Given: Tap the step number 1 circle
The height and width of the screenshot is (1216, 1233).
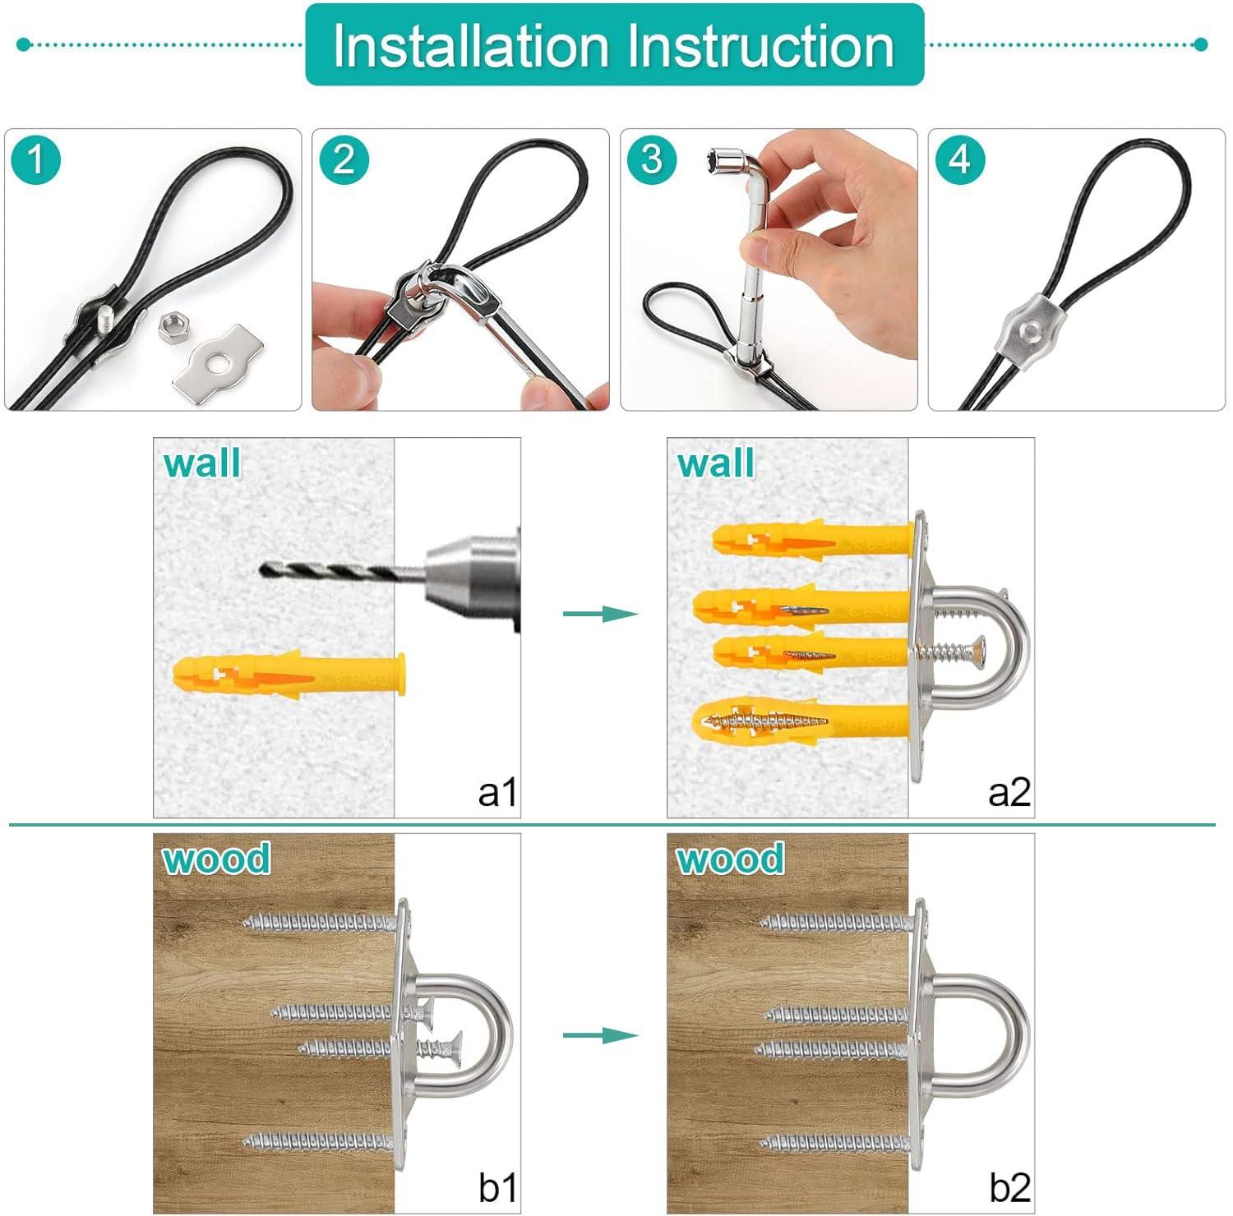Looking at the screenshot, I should pyautogui.click(x=36, y=159).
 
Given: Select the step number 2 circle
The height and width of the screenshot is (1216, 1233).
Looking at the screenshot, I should pyautogui.click(x=344, y=159).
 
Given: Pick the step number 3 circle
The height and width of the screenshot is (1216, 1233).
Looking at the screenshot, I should pyautogui.click(x=652, y=159).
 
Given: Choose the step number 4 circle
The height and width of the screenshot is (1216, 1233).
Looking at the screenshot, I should pyautogui.click(x=959, y=159).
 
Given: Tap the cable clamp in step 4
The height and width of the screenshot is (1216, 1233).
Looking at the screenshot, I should pyautogui.click(x=1027, y=330).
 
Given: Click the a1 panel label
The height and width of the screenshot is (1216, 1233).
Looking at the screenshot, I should pyautogui.click(x=497, y=793).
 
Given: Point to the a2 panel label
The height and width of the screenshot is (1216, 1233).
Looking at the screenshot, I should pyautogui.click(x=1009, y=793).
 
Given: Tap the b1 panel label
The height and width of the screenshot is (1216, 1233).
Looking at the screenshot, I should pyautogui.click(x=497, y=1188).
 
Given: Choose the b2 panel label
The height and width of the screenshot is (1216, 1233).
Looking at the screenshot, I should pyautogui.click(x=1009, y=1188).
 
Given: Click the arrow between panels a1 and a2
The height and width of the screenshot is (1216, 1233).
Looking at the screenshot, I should pyautogui.click(x=600, y=613).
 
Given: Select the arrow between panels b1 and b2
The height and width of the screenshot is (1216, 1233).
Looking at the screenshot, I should pyautogui.click(x=600, y=1035).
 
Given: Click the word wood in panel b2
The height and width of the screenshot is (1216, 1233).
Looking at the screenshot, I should pyautogui.click(x=730, y=859).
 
